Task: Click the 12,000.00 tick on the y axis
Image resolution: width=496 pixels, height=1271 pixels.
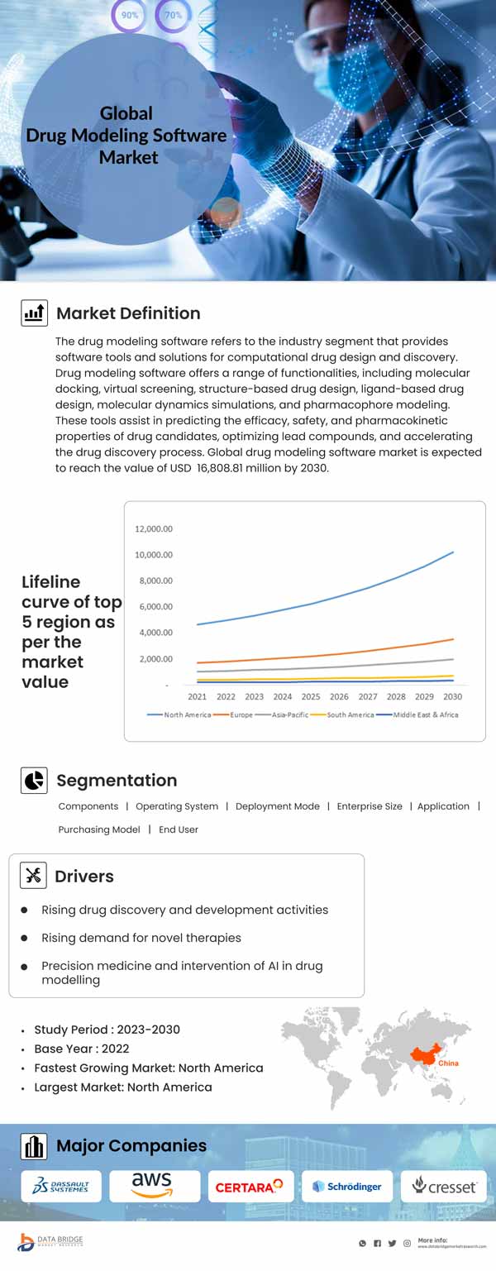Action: point(154,528)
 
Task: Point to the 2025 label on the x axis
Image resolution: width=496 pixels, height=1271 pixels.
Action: point(311,696)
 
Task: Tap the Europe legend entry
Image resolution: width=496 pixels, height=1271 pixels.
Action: point(241,714)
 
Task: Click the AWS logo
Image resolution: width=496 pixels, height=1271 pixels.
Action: point(154,1185)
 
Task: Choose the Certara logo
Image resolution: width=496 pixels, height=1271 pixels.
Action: point(250,1187)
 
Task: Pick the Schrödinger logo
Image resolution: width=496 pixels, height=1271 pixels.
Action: point(346,1187)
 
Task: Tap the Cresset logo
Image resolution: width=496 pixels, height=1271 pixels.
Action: point(444,1187)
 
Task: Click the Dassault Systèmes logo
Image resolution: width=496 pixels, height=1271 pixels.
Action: point(60,1187)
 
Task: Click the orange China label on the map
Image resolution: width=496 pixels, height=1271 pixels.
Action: point(448,1063)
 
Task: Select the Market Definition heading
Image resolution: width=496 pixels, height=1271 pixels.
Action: point(128,313)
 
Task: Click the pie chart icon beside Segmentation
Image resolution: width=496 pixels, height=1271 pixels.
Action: point(34,781)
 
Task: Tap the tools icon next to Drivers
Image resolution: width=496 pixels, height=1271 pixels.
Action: point(34,876)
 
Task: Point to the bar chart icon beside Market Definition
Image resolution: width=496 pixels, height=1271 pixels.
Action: point(34,313)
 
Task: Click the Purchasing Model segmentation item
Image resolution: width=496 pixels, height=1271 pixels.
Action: point(99,829)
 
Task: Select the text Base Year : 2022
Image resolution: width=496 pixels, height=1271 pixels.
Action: point(82,1049)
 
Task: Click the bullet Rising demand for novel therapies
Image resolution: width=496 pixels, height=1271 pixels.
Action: point(141,938)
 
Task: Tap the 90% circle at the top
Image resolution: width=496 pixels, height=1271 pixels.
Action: point(129,15)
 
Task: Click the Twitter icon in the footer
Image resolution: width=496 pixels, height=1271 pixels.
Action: point(392,1243)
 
